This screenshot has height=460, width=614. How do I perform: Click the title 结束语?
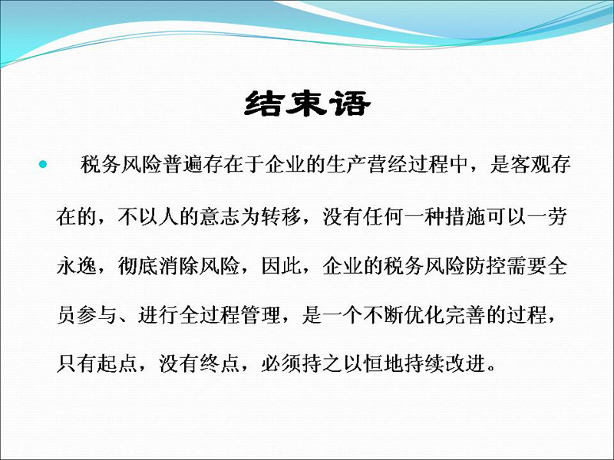pyautogui.click(x=308, y=103)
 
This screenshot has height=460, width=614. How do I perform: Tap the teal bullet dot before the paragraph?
pyautogui.click(x=43, y=164)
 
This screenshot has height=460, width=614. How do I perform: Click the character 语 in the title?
pyautogui.click(x=350, y=103)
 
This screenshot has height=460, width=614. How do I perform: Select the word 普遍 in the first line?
pyautogui.click(x=183, y=164)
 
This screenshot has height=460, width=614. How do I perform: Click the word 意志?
pyautogui.click(x=220, y=216)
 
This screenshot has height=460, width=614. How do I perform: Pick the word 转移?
pyautogui.click(x=281, y=216)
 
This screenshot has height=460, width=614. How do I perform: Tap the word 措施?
pyautogui.click(x=465, y=216)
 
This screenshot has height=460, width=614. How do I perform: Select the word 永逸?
pyautogui.click(x=77, y=266)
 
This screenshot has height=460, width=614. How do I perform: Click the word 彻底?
pyautogui.click(x=138, y=266)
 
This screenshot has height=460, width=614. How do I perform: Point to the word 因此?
pyautogui.click(x=281, y=266)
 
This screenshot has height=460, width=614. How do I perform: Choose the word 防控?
pyautogui.click(x=485, y=266)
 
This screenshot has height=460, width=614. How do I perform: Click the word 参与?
pyautogui.click(x=97, y=315)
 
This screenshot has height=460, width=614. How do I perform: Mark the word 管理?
pyautogui.click(x=260, y=315)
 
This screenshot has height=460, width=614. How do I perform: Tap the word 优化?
pyautogui.click(x=424, y=315)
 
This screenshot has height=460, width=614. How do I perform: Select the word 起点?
pyautogui.click(x=117, y=363)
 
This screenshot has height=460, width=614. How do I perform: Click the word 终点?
pyautogui.click(x=220, y=363)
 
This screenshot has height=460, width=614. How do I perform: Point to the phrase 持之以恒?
pyautogui.click(x=342, y=363)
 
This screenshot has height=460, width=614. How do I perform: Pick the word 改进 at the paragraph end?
pyautogui.click(x=465, y=363)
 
